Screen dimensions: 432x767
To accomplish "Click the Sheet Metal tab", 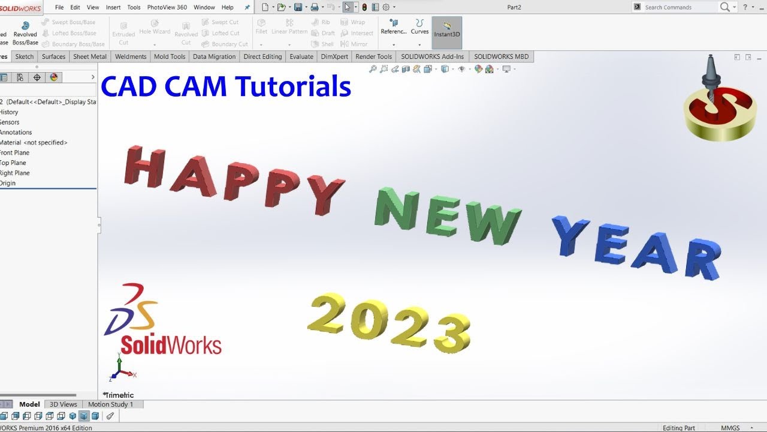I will point(90,56).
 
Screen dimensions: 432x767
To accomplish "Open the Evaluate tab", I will point(301,56).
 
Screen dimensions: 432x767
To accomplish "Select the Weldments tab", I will point(131,56).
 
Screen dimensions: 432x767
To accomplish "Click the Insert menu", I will point(113,7).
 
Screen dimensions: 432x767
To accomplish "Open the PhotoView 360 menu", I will point(167,7).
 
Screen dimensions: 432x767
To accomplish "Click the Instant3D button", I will point(447,31).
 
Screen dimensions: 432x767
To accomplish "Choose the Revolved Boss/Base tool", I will point(25,34).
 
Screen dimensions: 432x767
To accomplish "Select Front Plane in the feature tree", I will point(14,152).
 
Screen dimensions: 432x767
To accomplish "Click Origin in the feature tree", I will point(8,183).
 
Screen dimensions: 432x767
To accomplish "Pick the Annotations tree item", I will point(16,132).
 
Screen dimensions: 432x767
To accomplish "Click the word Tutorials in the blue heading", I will point(293,86).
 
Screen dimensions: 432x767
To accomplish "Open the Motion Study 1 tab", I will point(110,404).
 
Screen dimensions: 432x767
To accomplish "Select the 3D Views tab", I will point(63,404).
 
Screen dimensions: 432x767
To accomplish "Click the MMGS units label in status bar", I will point(730,428).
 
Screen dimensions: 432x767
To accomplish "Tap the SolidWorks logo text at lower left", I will point(171,345).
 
